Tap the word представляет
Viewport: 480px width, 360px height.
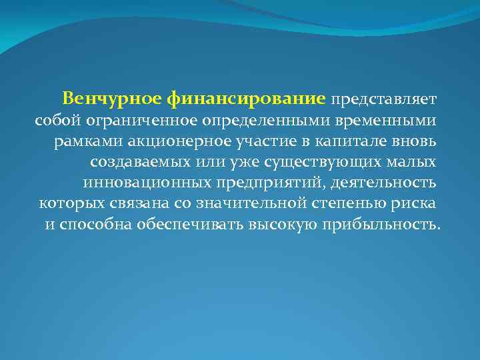383,99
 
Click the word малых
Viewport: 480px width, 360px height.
417,162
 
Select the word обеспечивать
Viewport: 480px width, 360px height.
189,224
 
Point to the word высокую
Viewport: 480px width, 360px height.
283,224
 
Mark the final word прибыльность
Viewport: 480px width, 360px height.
380,224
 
